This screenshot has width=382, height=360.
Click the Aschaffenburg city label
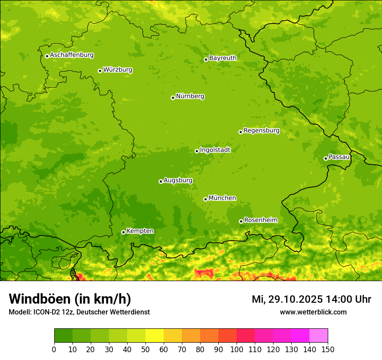coord(72,55)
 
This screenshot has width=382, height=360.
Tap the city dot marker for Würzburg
coord(100,71)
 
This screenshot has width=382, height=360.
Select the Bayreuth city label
coord(223,58)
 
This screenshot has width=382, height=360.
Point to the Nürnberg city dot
coord(173,98)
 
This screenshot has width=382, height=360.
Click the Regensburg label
coord(261,130)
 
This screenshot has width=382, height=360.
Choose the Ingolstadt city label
coord(215,150)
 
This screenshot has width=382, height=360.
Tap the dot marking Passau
coord(326,158)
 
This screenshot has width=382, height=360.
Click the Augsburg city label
coord(178,180)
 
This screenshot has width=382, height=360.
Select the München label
coord(222,198)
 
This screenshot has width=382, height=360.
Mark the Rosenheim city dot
coord(241,221)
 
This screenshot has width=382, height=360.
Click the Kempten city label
coord(140,231)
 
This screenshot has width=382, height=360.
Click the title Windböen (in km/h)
coord(69,299)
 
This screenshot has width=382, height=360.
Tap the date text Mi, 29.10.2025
coord(287,299)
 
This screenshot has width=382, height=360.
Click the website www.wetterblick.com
coord(313,312)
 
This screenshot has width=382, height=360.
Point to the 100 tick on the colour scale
coord(237,350)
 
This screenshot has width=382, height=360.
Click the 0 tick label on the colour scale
coord(54,350)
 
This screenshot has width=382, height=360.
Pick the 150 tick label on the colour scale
coord(328,350)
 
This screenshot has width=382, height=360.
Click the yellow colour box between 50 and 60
coord(155,336)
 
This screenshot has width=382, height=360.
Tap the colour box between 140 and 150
coord(319,336)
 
